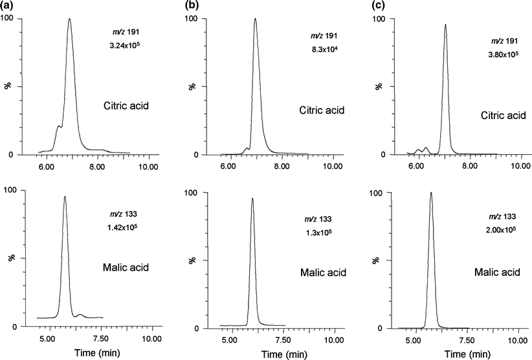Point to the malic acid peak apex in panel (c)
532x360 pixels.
click(431, 192)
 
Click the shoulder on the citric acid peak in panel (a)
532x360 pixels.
click(58, 126)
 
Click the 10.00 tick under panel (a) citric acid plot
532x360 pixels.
click(149, 166)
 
